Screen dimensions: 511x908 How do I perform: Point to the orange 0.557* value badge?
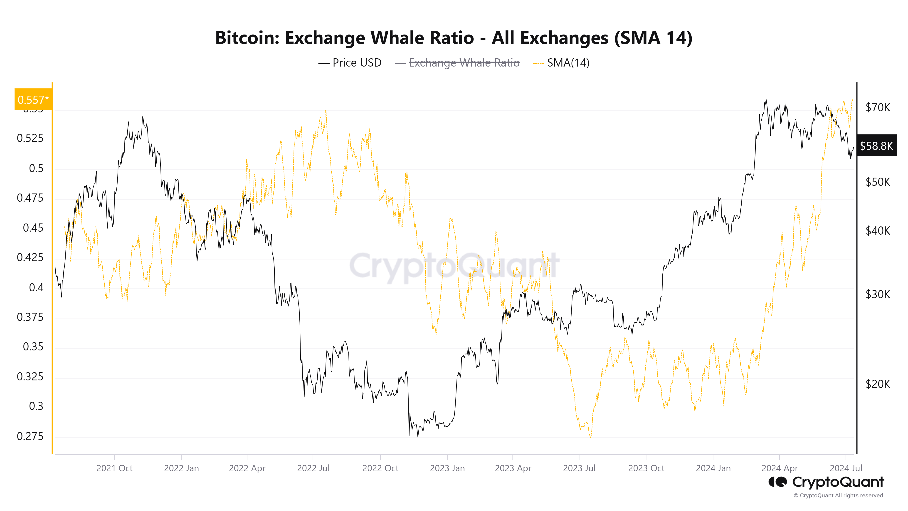33,100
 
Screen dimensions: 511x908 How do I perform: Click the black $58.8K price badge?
876,146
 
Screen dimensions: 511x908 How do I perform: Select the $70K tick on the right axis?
877,107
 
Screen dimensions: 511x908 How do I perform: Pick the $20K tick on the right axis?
877,384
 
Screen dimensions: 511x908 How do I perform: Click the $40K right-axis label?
877,231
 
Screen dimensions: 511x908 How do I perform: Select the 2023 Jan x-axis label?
447,468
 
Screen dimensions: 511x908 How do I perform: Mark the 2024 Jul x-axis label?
846,468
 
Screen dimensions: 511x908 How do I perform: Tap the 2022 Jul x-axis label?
313,468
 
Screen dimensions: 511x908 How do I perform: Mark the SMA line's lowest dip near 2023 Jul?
590,437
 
